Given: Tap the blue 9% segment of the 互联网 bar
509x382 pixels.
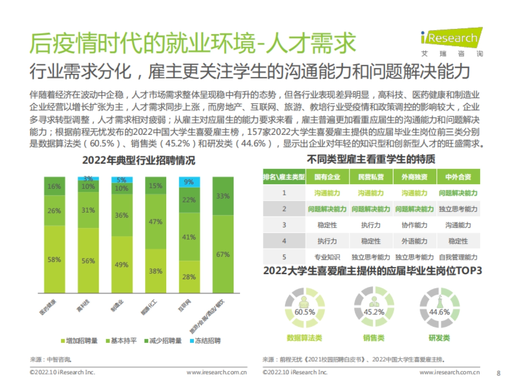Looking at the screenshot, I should click(x=189, y=182).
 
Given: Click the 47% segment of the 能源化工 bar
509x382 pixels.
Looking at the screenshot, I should click(x=155, y=222).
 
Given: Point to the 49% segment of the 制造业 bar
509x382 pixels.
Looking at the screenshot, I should click(x=122, y=264).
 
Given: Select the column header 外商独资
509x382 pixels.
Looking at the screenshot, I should click(x=414, y=177).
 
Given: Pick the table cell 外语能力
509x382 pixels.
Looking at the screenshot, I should click(x=414, y=241).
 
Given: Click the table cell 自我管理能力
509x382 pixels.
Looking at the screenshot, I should click(x=458, y=257).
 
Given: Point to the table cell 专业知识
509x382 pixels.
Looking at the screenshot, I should click(x=327, y=257).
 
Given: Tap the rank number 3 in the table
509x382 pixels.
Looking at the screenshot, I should click(x=284, y=225).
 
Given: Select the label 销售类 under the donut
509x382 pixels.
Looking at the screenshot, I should click(x=374, y=338).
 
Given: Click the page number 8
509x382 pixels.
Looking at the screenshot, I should click(x=498, y=372).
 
